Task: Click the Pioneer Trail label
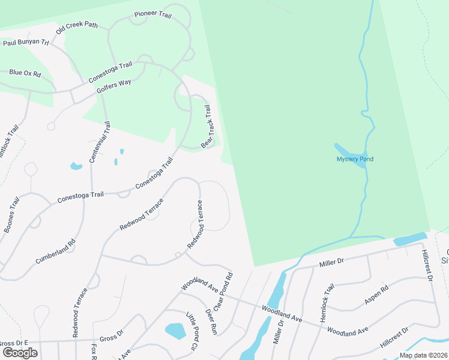pos(153,14)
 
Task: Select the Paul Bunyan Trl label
pos(25,43)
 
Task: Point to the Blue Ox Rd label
pos(25,73)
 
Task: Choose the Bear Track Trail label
pos(207,127)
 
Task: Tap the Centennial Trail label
pos(100,142)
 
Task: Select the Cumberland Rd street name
pos(55,251)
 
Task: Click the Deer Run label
pos(210,322)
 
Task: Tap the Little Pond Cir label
pos(191,331)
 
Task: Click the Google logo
pos(20,353)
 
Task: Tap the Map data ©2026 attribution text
pos(423,355)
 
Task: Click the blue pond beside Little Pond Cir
pos(175,331)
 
